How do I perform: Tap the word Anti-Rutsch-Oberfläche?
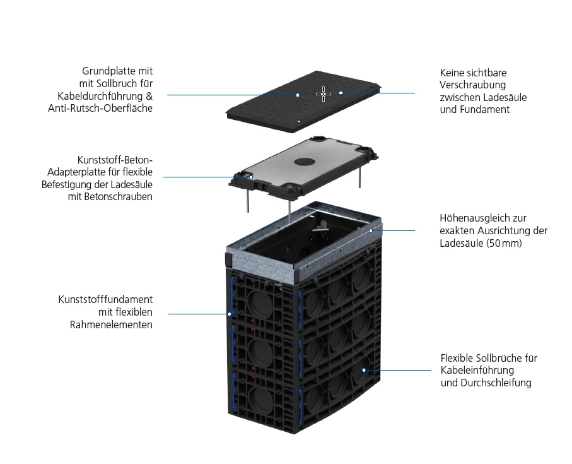coord(100,109)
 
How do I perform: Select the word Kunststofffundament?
coord(105,299)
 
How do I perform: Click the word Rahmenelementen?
coord(111,324)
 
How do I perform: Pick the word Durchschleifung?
coord(498,383)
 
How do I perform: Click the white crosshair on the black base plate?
coord(324,94)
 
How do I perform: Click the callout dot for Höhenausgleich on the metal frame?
coord(371,231)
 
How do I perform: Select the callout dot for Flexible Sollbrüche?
coord(364,370)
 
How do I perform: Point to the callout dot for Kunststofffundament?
coord(230,313)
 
